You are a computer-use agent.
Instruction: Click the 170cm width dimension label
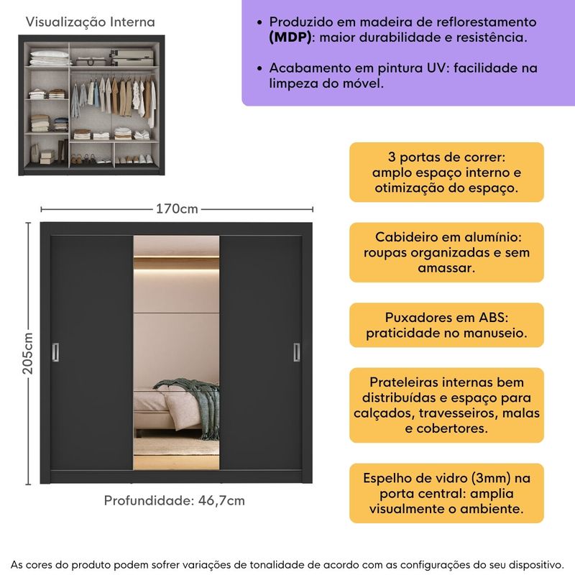click(x=177, y=209)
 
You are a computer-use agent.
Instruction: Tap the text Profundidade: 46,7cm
click(x=175, y=501)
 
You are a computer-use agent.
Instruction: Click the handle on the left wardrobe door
click(x=56, y=351)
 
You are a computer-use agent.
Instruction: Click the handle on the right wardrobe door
click(x=295, y=351)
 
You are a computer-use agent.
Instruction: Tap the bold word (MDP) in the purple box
click(x=290, y=37)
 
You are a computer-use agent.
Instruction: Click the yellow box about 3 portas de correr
click(x=446, y=172)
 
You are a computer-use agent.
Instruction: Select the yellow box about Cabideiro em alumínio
click(x=446, y=252)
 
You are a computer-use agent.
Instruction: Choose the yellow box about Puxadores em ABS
click(x=446, y=326)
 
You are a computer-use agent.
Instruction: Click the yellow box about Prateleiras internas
click(x=446, y=405)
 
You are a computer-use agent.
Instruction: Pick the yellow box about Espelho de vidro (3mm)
click(x=446, y=493)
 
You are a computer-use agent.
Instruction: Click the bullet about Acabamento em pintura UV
click(x=403, y=75)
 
